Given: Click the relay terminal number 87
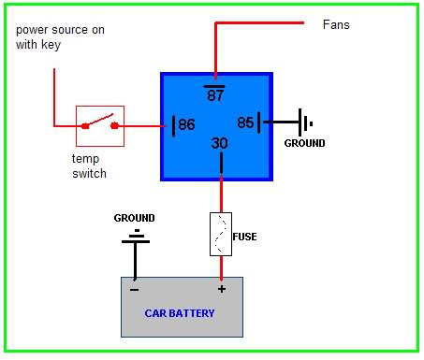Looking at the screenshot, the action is [x=215, y=94].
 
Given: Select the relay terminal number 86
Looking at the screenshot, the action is [x=186, y=124].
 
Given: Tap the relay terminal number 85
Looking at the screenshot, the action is [x=245, y=122].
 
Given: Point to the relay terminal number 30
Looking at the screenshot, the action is [x=220, y=143].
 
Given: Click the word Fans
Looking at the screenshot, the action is [x=336, y=24].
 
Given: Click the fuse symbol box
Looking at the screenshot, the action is [x=221, y=234].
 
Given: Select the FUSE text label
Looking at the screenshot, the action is [x=245, y=237].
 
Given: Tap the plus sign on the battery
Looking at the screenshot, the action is [x=222, y=289].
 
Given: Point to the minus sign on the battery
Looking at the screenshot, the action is [x=135, y=290].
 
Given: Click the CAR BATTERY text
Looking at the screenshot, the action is [x=180, y=313].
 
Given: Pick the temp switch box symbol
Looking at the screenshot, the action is [x=100, y=126].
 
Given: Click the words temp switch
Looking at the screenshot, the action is [x=89, y=166].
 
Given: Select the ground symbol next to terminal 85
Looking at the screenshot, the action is [x=303, y=122].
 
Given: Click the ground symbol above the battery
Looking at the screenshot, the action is [x=136, y=238].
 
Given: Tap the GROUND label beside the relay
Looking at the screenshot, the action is [x=305, y=143].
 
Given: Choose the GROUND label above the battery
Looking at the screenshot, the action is [x=135, y=218].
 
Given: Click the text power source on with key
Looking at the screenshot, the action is [x=60, y=37].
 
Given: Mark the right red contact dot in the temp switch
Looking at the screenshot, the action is [x=115, y=126].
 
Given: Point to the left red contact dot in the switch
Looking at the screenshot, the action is [x=85, y=126].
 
